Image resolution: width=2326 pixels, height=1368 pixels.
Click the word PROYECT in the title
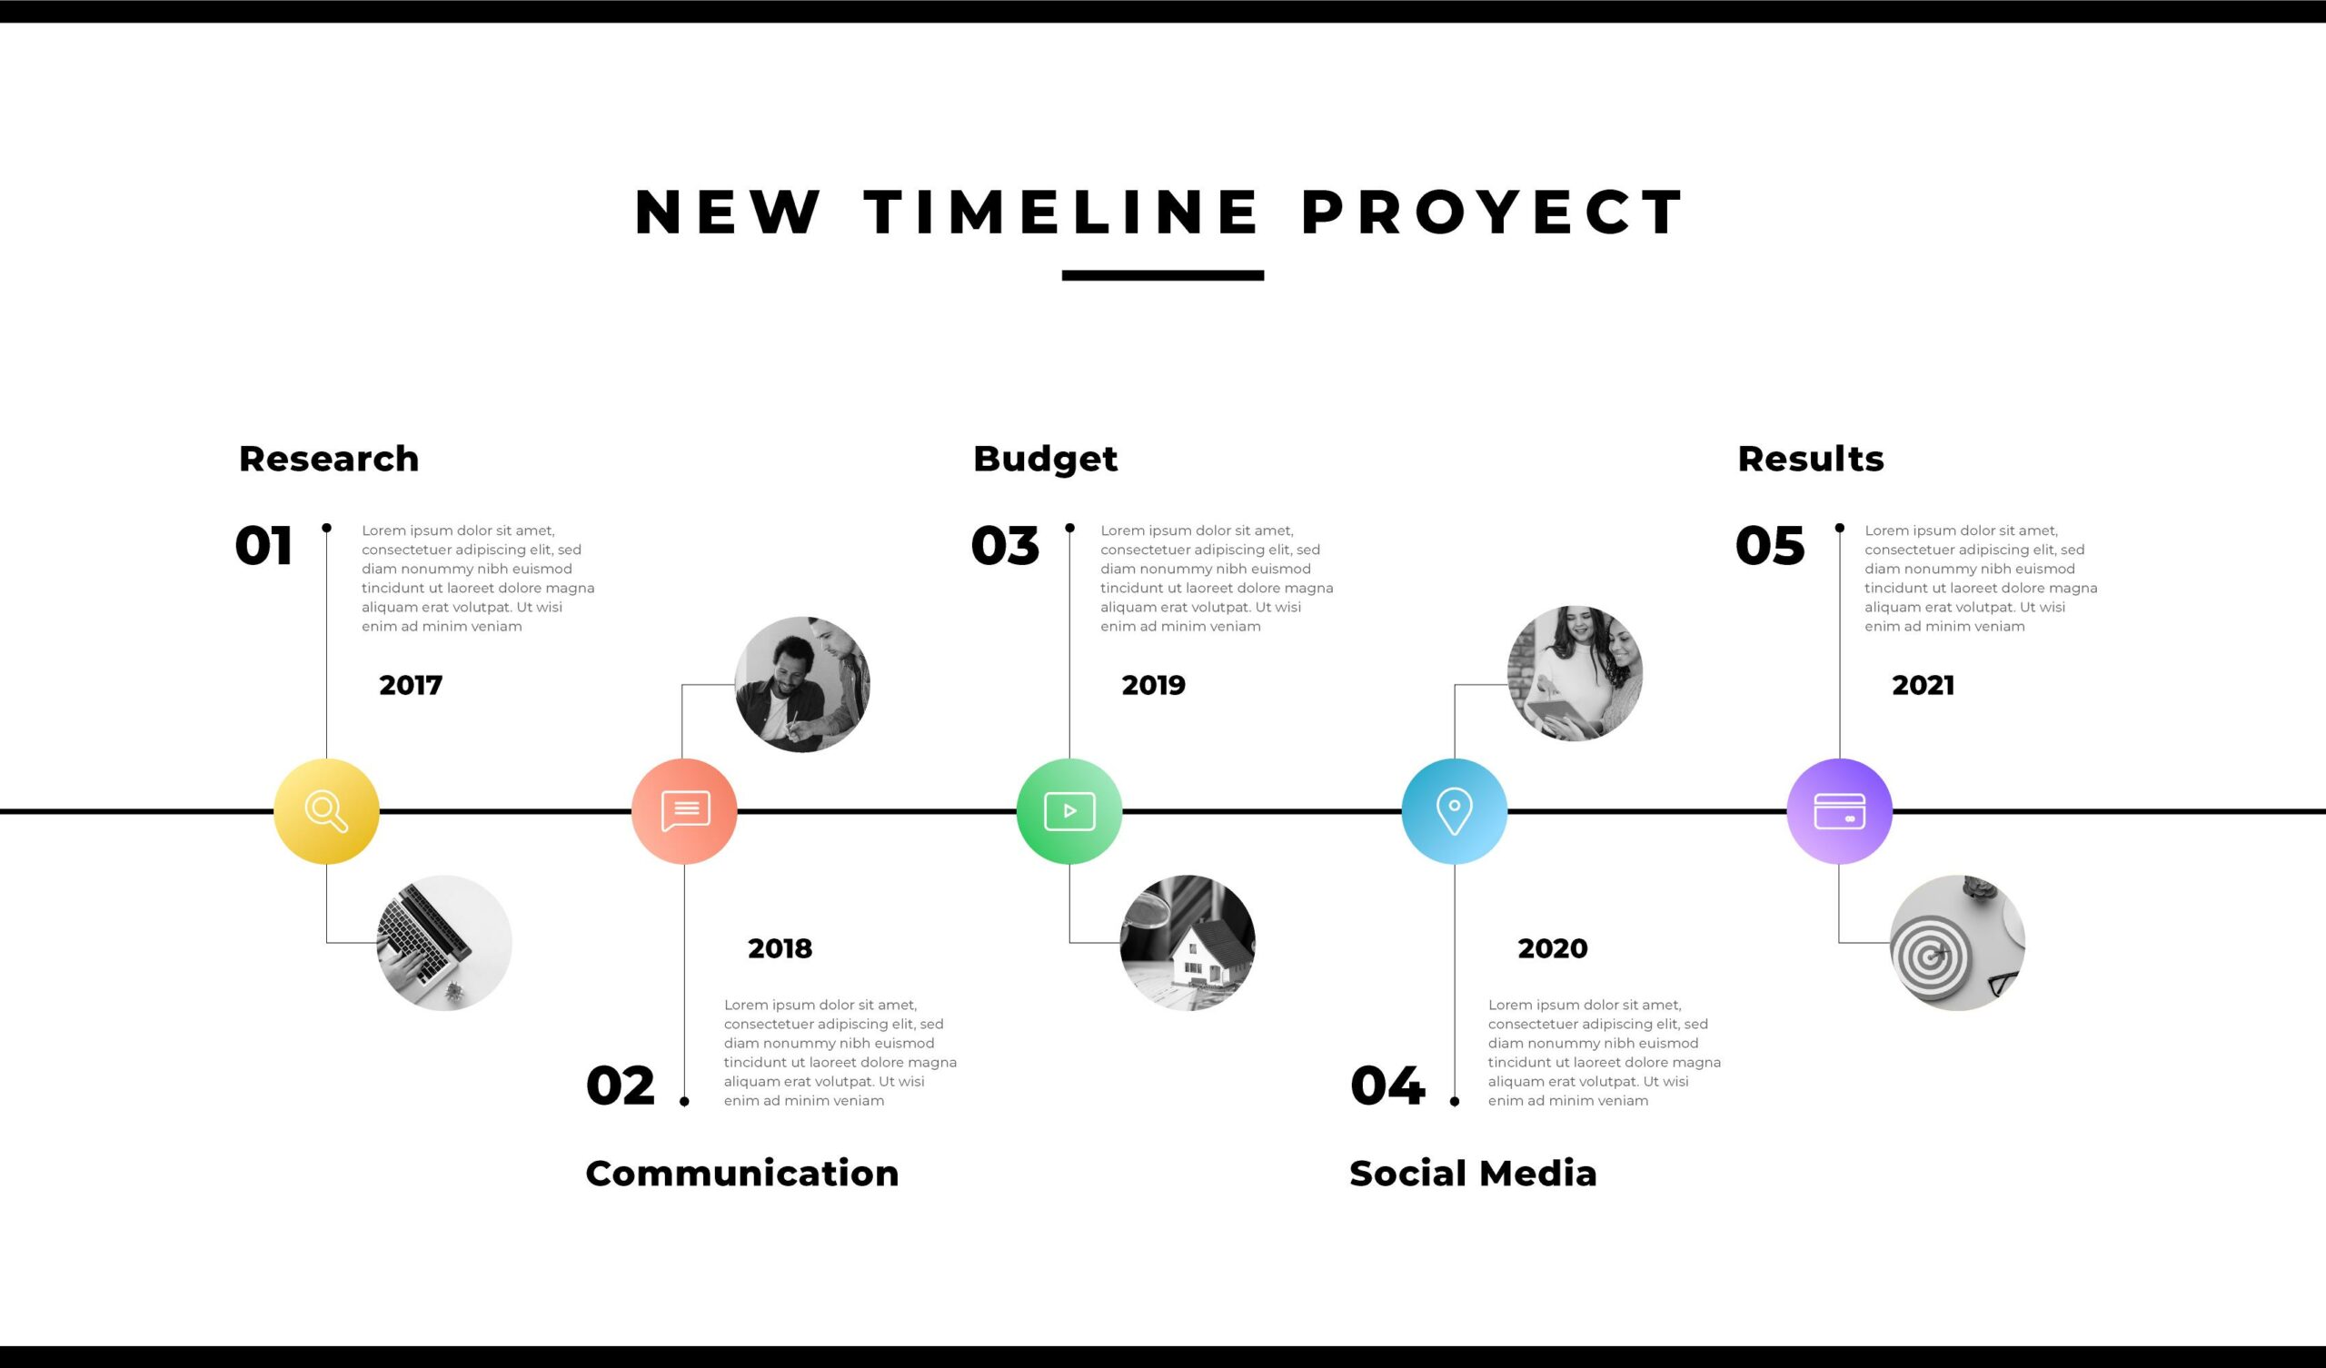[x=1493, y=213]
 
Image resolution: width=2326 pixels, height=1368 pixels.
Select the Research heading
[x=329, y=459]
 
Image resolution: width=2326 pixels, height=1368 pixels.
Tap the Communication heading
[x=742, y=1174]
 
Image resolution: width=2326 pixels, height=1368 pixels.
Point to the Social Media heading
[x=1473, y=1174]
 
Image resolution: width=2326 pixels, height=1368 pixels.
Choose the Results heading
[x=1810, y=459]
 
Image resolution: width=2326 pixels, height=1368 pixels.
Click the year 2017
[x=411, y=685]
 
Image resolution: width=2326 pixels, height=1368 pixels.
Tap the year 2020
[x=1553, y=948]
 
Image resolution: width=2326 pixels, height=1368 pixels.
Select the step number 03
[x=1005, y=546]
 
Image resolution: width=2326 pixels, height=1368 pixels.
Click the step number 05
[x=1769, y=546]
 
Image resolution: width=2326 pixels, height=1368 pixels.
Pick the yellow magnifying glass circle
[x=327, y=811]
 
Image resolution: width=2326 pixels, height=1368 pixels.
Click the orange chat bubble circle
[x=684, y=811]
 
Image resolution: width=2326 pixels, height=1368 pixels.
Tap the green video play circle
[x=1069, y=811]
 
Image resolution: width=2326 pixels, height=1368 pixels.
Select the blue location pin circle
[x=1455, y=811]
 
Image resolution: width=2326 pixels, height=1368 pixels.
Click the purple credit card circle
[x=1840, y=811]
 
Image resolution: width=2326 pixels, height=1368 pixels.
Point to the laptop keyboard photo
[x=444, y=943]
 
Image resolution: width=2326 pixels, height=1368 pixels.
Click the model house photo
[x=1187, y=943]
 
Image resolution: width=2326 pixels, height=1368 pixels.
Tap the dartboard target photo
[x=1958, y=943]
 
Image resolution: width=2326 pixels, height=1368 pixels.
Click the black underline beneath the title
[x=1163, y=275]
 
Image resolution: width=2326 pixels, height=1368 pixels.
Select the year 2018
[x=780, y=948]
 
